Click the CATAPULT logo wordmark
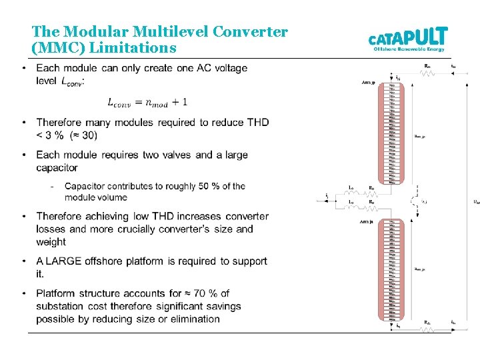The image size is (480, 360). [x=408, y=36]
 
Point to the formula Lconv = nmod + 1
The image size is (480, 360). [x=147, y=102]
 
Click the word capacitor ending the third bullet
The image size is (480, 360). [x=57, y=167]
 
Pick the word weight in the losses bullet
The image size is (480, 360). [x=51, y=241]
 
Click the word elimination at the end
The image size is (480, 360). [x=193, y=319]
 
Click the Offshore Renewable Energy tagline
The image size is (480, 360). [x=409, y=49]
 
